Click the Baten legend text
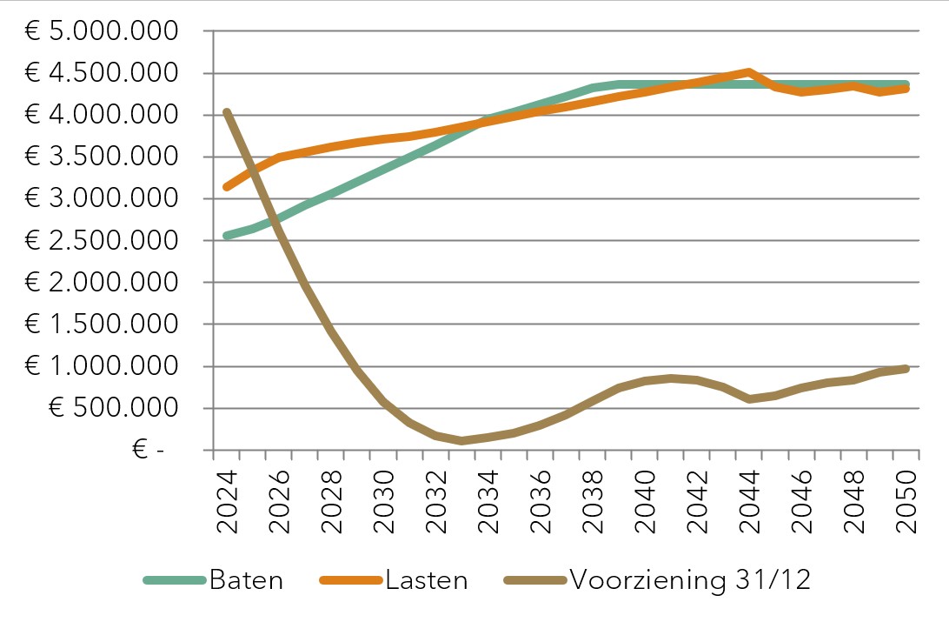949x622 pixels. [x=246, y=580]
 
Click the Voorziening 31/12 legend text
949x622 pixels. [x=690, y=580]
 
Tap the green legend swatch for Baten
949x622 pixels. [x=175, y=581]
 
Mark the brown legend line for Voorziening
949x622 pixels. [x=534, y=581]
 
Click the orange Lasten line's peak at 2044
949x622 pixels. [x=748, y=71]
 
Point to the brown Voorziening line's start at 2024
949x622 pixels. [x=226, y=112]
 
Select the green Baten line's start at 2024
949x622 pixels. [x=226, y=236]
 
